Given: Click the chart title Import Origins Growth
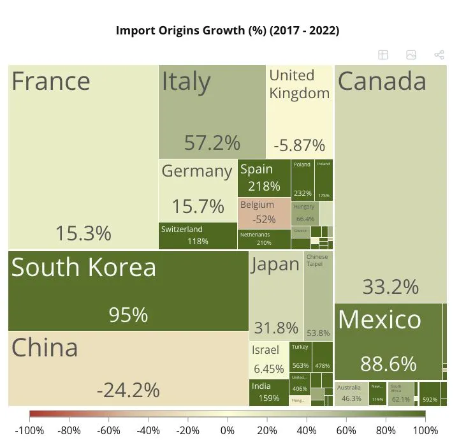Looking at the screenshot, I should [227, 31].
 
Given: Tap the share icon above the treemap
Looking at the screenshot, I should [439, 55].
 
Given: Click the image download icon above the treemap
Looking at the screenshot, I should [411, 55].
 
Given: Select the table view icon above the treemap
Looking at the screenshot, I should [383, 55].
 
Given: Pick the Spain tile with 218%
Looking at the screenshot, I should [264, 178].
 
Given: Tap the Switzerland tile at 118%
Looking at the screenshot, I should [198, 235].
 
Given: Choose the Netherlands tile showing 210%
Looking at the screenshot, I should [264, 238].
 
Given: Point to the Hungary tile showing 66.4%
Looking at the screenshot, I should [305, 212].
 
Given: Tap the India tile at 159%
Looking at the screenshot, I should [268, 392].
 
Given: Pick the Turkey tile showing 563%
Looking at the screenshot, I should [300, 356].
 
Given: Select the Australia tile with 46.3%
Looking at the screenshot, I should [351, 393].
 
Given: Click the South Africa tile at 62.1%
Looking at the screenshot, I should [400, 393].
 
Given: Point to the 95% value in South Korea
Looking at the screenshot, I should [128, 315].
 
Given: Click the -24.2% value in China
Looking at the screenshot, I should [128, 389].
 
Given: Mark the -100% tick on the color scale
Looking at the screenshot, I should [29, 430].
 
